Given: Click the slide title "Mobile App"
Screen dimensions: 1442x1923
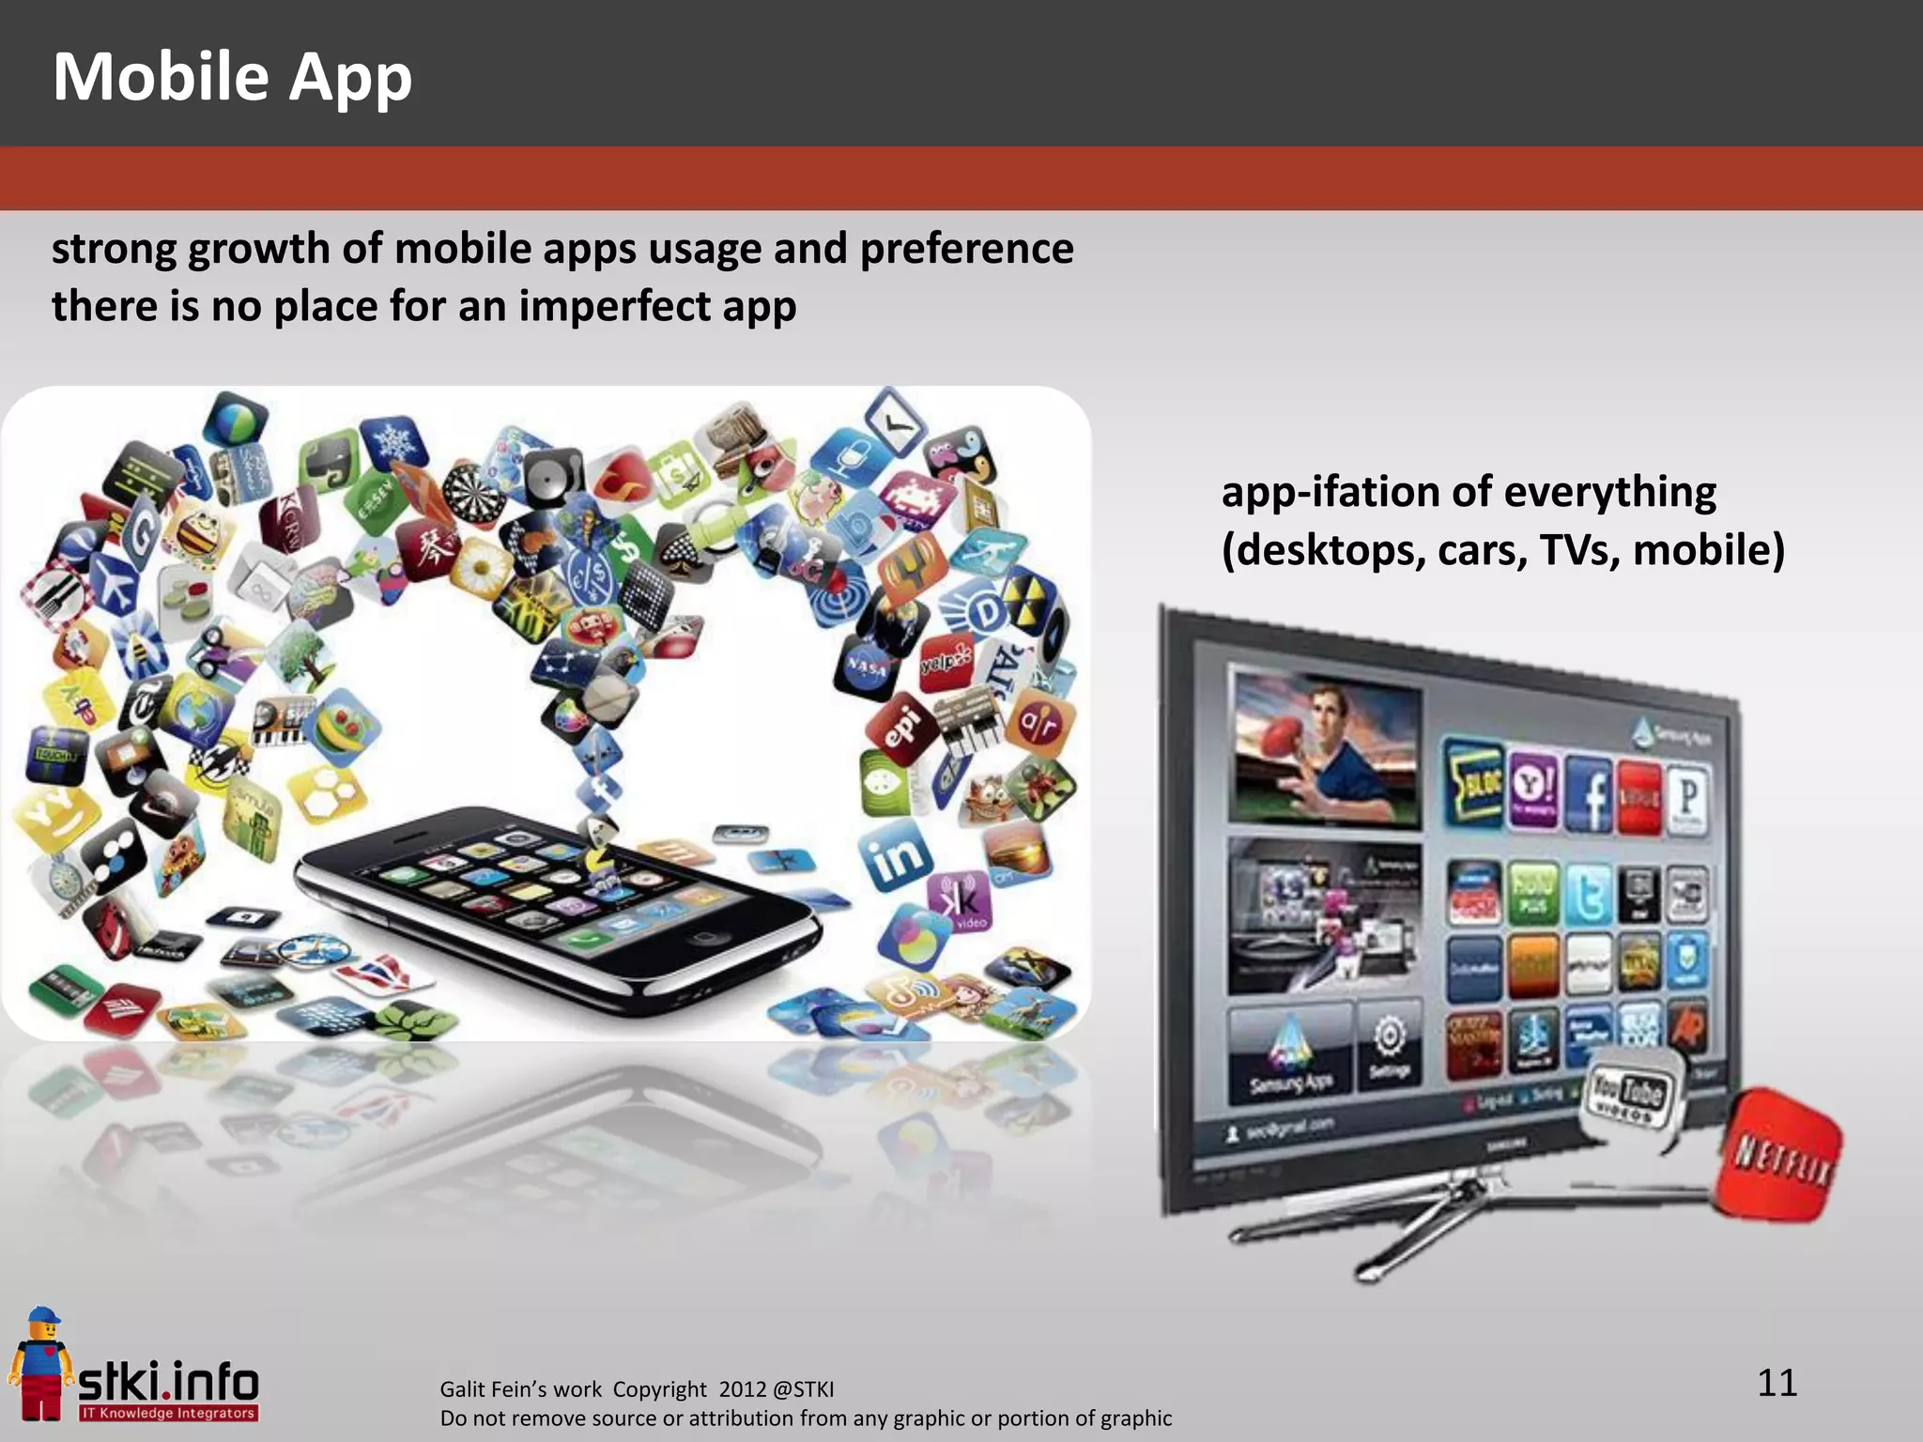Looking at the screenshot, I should coord(232,77).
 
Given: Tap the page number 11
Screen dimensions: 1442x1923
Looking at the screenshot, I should coord(1777,1383).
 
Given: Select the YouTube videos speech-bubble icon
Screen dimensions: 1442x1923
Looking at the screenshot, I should coord(1630,1096).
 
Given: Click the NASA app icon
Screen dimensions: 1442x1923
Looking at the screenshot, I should coord(866,667).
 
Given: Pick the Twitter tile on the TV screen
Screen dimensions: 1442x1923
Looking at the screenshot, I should coord(1589,895).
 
